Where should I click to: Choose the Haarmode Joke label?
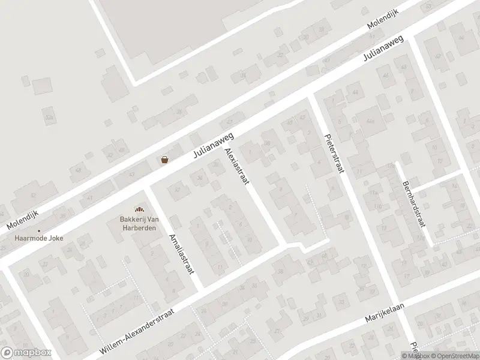click(x=39, y=238)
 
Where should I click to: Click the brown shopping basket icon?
click(x=164, y=160)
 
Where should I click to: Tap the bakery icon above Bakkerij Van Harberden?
click(x=139, y=209)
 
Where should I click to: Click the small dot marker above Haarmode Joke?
click(x=39, y=230)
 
